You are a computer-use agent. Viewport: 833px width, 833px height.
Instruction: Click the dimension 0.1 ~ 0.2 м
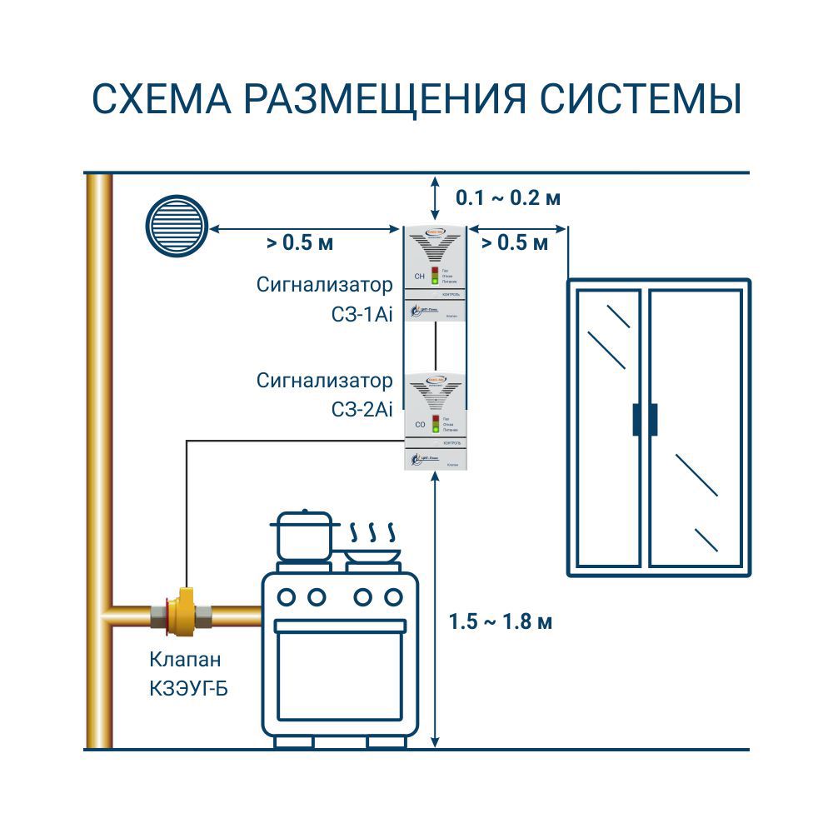point(507,198)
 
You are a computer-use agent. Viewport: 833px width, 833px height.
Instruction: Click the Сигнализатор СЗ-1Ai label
point(324,301)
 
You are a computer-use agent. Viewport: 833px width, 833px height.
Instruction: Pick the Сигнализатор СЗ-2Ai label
point(324,395)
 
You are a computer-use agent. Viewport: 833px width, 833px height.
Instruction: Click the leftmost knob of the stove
point(286,596)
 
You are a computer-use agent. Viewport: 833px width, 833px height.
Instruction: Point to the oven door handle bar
point(341,626)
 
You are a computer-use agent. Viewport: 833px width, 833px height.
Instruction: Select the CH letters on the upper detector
point(419,276)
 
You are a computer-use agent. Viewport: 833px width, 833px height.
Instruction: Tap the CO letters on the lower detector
point(420,425)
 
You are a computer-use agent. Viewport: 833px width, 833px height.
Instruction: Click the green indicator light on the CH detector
point(434,282)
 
